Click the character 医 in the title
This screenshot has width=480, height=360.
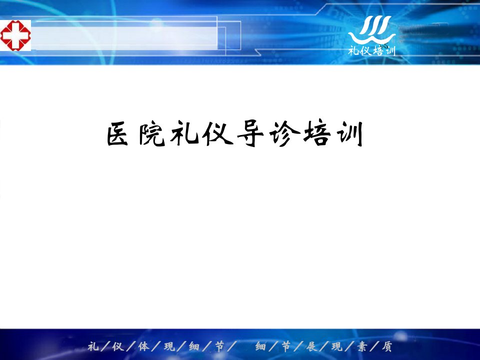(117, 134)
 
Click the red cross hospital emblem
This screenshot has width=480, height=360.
(15, 35)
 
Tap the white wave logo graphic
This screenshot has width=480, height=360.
(371, 29)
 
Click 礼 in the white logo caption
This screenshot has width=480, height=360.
(354, 50)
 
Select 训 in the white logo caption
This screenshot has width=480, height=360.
(389, 50)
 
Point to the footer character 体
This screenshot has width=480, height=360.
(144, 346)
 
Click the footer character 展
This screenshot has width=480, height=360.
(311, 346)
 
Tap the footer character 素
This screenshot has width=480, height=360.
(361, 346)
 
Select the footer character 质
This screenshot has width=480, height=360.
(387, 346)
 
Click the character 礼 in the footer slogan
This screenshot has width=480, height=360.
(93, 346)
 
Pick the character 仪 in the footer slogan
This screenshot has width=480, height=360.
(118, 346)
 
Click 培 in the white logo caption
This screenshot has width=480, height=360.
(378, 50)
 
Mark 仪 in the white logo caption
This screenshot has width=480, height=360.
(366, 50)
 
